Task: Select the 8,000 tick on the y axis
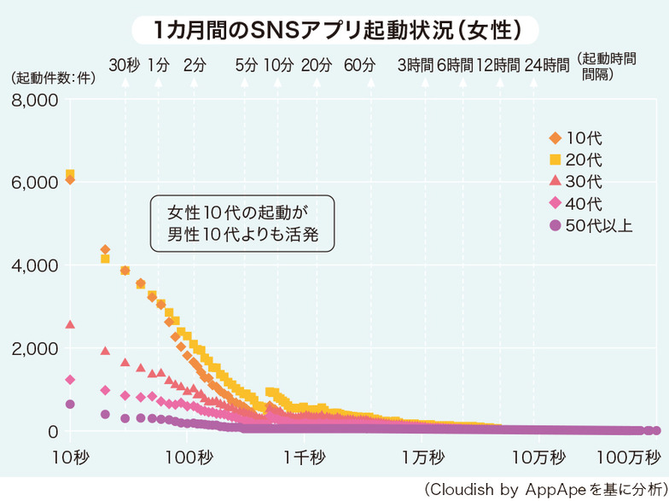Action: pos(32,100)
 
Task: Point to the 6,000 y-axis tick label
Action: pos(32,183)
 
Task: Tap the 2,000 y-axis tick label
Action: pos(32,348)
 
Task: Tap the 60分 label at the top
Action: pos(359,64)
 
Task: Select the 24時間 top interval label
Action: pos(547,64)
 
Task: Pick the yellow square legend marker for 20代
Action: pos(555,160)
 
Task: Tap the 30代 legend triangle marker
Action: pos(555,181)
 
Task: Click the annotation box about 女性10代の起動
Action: pos(241,224)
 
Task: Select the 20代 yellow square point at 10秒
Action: pos(70,174)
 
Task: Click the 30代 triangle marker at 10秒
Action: pos(70,324)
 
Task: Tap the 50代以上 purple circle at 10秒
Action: pos(70,404)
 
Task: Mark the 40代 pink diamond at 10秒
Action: pos(70,380)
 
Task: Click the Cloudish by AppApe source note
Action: pos(544,488)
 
